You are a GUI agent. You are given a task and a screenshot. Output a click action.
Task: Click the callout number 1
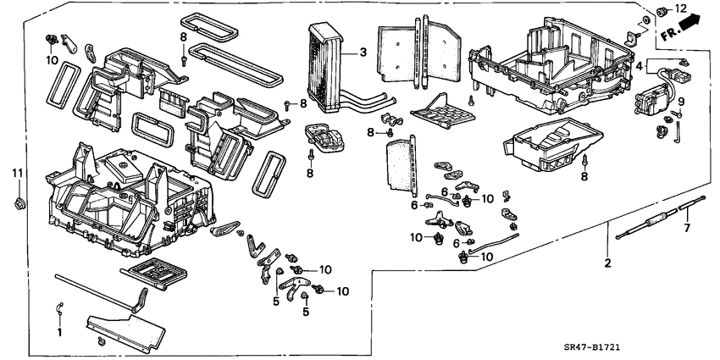[59, 333]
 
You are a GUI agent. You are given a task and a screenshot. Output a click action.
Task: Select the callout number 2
[606, 263]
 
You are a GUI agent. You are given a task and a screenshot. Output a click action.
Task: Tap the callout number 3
[363, 53]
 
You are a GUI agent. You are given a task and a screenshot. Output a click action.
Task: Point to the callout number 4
[639, 64]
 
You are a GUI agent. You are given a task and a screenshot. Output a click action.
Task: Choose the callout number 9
[680, 102]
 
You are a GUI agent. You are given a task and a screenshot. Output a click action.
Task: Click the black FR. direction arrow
[690, 25]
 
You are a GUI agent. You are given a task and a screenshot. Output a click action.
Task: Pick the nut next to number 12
[662, 12]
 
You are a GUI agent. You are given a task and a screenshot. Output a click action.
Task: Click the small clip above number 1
[59, 307]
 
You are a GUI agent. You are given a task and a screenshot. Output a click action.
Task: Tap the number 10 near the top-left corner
[53, 61]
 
